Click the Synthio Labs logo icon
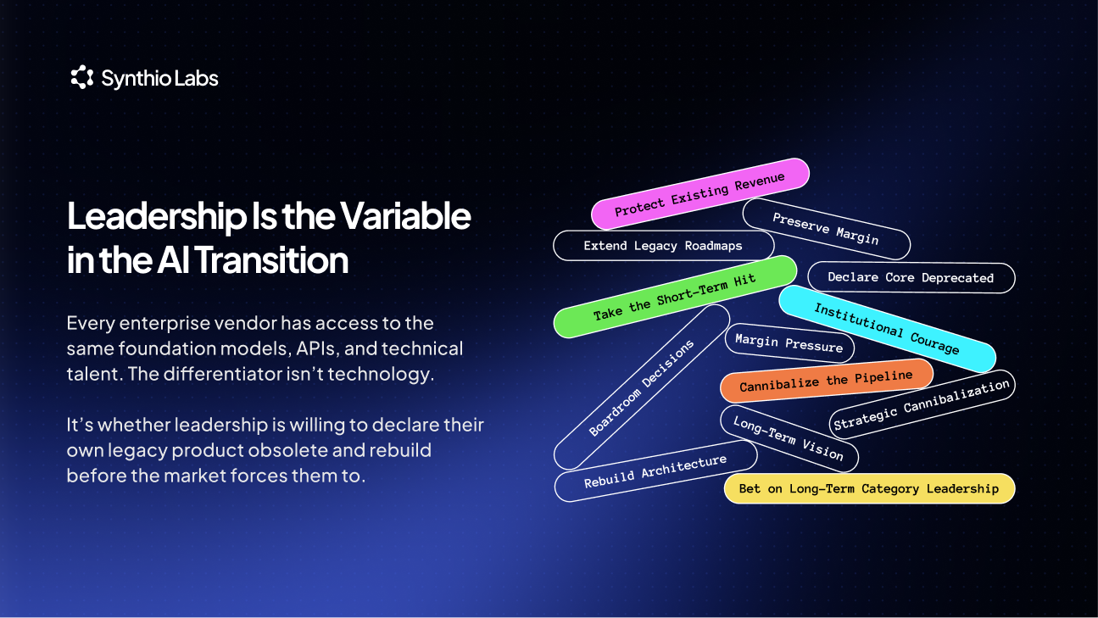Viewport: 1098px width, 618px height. tap(82, 77)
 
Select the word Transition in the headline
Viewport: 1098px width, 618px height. tap(272, 260)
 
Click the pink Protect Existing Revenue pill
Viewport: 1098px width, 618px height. tap(700, 194)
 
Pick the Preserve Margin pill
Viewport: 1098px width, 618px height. tap(827, 229)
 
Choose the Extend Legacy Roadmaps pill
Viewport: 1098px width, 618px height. tap(663, 246)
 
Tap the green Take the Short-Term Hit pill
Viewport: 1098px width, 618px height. tap(675, 297)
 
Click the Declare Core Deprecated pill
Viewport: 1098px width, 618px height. tap(911, 277)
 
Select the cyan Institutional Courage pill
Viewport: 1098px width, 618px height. tap(887, 329)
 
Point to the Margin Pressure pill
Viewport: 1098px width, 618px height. tap(789, 343)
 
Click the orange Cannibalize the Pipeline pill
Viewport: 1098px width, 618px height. tap(827, 381)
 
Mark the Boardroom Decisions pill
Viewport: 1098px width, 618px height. tap(642, 387)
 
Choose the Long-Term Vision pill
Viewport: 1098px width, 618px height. tap(789, 438)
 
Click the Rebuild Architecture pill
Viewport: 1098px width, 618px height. tap(656, 471)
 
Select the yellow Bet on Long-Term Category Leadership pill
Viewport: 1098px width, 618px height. tap(869, 488)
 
